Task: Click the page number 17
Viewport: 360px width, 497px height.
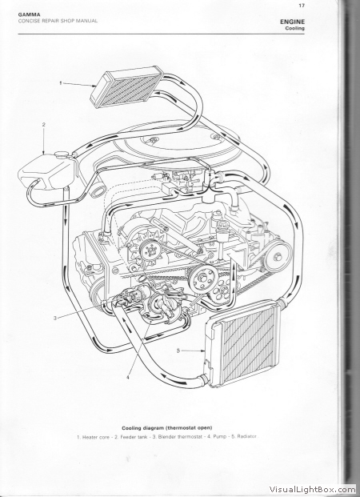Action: click(x=302, y=5)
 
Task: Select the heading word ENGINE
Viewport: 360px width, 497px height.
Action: click(x=292, y=22)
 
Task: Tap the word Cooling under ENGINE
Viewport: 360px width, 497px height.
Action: click(x=294, y=28)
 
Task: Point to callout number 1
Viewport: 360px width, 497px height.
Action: click(x=61, y=83)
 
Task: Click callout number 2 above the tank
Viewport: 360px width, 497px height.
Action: click(x=44, y=125)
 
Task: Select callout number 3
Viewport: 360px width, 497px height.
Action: click(x=55, y=318)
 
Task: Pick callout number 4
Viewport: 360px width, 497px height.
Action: click(x=128, y=377)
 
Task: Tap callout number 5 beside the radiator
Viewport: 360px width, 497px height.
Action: click(x=178, y=351)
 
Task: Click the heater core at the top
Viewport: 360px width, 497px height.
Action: click(x=126, y=86)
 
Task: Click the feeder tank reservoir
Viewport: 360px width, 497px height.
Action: click(x=47, y=171)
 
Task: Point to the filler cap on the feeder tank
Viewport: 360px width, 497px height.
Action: click(x=61, y=154)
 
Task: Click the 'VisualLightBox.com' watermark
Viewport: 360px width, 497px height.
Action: click(x=313, y=490)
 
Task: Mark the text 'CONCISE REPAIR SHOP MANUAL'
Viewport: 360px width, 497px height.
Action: click(x=58, y=21)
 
